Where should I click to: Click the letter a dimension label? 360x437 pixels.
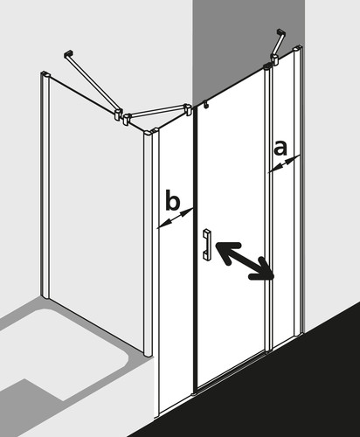[280, 148]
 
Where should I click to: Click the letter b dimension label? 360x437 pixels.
[173, 199]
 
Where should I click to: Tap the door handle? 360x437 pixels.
[206, 244]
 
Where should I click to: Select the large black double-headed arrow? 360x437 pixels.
[244, 260]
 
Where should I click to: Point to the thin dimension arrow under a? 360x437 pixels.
[284, 164]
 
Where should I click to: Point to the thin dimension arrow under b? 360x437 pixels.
[175, 218]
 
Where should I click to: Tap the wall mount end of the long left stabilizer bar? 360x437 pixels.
[68, 54]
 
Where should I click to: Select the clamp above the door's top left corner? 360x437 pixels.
[189, 109]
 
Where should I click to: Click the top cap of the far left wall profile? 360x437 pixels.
[45, 73]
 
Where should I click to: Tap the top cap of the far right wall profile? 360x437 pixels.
[298, 47]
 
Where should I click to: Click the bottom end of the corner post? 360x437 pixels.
[148, 353]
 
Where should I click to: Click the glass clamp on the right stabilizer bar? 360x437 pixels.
[275, 58]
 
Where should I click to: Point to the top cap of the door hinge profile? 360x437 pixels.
[267, 66]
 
